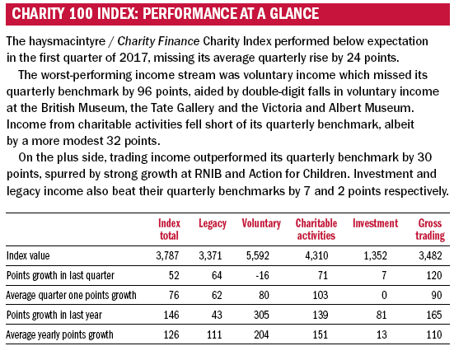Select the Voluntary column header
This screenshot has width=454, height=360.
pos(261,223)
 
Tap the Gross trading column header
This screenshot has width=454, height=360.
pos(430,229)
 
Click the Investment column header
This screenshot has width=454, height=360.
pos(375,223)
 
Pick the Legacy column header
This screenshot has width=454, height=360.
pos(213,224)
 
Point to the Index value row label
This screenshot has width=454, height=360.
pos(28,256)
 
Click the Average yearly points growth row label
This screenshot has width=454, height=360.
pos(59,334)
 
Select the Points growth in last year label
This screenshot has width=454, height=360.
pos(54,315)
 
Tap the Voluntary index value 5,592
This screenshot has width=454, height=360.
pos(258,256)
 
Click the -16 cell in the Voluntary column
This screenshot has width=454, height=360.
pos(262,275)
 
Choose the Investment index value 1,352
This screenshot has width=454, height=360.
pos(375,256)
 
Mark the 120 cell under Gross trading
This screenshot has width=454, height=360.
pos(434,275)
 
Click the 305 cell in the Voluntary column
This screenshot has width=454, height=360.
pos(261,315)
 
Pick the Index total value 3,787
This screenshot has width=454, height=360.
pos(167,256)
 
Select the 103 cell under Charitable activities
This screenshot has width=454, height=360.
pos(321,295)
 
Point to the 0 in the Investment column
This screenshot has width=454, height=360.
pos(384,295)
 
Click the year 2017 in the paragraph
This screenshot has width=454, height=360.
pos(133,58)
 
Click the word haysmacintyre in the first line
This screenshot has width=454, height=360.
pos(67,41)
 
